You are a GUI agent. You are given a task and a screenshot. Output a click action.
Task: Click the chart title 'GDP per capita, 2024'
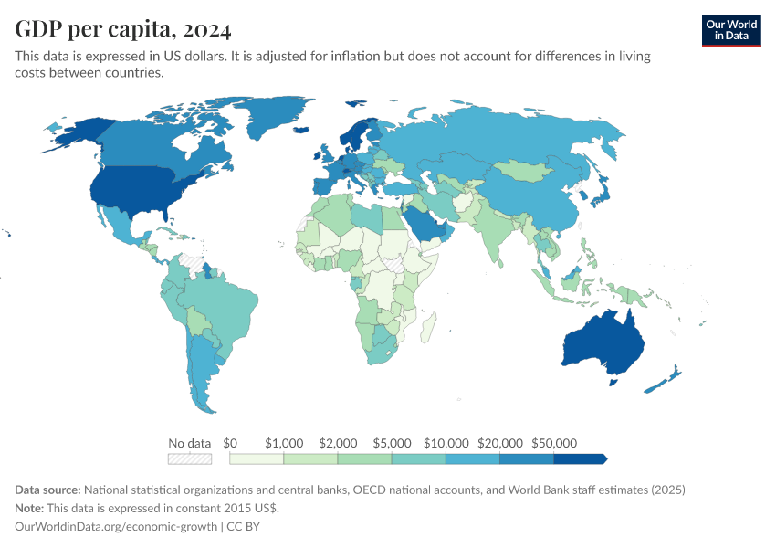click(x=122, y=29)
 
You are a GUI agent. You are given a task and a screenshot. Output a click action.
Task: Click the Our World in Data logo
click(x=730, y=30)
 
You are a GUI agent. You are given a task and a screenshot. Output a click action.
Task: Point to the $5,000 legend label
click(x=392, y=442)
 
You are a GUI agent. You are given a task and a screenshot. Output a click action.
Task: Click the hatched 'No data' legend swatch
click(x=190, y=458)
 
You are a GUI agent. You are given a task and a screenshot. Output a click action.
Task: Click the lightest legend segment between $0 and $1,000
click(x=257, y=458)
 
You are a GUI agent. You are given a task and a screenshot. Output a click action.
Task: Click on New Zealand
click(x=665, y=379)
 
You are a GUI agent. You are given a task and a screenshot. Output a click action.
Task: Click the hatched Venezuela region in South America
click(x=192, y=260)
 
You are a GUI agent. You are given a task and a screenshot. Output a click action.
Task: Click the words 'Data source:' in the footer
click(x=48, y=490)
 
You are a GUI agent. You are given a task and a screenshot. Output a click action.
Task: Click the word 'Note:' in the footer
click(x=31, y=508)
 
